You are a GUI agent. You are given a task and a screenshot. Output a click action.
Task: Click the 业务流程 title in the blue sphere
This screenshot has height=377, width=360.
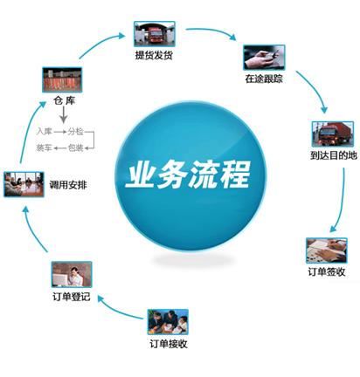188,175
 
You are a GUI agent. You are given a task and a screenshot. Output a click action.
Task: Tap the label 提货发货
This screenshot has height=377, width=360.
154,55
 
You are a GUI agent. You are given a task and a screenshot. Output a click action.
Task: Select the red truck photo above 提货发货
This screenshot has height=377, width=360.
155,34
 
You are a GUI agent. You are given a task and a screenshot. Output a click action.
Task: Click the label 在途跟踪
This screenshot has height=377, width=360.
264,79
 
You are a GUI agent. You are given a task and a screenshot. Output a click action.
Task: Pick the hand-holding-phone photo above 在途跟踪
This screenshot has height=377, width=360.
264,58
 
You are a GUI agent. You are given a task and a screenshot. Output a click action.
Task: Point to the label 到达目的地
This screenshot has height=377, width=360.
334,155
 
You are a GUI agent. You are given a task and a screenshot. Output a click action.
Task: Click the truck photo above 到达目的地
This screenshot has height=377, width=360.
333,134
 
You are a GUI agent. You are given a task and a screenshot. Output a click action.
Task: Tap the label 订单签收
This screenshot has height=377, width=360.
327,271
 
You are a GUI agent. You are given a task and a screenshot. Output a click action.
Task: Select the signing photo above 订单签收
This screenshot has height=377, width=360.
327,250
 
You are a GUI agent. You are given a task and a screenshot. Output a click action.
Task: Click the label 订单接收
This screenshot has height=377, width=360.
169,344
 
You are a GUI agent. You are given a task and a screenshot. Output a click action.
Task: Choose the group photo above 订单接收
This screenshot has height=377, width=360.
168,322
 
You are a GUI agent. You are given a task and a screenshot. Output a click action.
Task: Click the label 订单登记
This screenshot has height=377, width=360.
72,297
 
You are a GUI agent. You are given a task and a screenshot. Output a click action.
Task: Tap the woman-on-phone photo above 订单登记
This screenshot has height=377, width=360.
72,274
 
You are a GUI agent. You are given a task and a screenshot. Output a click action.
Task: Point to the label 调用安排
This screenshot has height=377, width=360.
68,185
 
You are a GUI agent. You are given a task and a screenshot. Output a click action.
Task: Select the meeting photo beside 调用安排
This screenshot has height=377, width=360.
24,184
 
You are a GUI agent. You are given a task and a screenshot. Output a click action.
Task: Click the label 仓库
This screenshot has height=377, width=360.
65,100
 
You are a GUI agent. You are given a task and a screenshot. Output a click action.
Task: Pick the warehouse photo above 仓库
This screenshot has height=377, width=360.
62,79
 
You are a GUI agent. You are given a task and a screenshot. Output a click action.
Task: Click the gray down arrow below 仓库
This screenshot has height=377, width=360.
64,114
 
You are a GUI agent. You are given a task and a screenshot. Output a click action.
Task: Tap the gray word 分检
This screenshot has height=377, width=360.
76,132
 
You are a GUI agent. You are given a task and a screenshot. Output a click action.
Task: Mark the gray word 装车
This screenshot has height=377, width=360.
44,147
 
